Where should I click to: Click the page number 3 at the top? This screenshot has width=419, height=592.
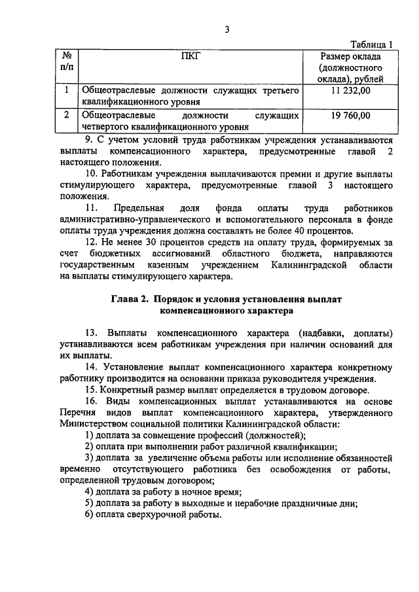pyautogui.click(x=227, y=29)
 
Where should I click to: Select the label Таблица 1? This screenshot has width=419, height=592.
pyautogui.click(x=371, y=44)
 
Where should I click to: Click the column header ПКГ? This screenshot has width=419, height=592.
pyautogui.click(x=190, y=56)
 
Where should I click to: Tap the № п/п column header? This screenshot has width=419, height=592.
pyautogui.click(x=67, y=62)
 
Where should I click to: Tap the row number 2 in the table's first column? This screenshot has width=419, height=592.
pyautogui.click(x=67, y=116)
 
